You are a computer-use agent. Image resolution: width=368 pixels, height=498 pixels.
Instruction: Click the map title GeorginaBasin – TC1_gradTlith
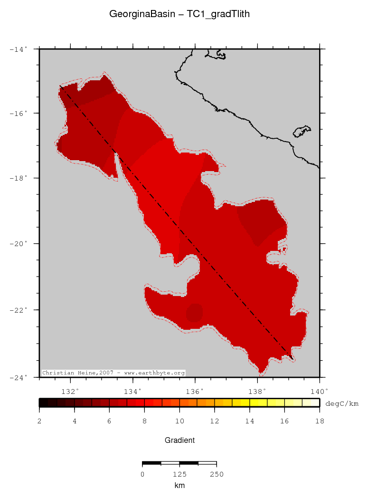tap(179, 14)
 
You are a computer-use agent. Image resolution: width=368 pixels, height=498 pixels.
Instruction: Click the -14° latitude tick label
tap(20, 48)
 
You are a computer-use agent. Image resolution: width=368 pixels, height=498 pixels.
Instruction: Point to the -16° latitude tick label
tap(20, 114)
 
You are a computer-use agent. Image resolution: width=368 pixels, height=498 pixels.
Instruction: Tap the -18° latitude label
tap(20, 178)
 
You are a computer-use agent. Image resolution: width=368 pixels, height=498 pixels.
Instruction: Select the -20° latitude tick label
tap(20, 244)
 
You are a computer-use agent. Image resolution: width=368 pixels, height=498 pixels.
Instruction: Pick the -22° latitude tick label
tap(20, 310)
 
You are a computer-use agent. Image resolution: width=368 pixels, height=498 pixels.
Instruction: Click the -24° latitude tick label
tap(20, 377)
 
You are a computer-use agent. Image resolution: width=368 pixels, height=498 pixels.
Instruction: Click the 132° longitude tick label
tap(70, 392)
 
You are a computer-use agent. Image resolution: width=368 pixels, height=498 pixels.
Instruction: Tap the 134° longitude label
tap(132, 392)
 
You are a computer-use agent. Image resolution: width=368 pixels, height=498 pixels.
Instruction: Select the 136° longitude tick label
tap(195, 392)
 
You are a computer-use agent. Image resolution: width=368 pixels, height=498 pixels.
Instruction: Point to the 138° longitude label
tap(257, 392)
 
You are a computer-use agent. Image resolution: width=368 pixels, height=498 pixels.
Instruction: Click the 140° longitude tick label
tap(320, 392)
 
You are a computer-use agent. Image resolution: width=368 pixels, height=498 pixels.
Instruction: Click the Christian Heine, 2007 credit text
tap(113, 373)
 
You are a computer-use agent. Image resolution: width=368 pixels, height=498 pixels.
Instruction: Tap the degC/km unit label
tap(341, 403)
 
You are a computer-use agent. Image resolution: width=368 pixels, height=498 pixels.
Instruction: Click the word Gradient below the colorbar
tap(179, 440)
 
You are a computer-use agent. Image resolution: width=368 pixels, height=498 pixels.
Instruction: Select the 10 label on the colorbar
tap(179, 421)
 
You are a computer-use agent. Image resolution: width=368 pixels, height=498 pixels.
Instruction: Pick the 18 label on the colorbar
tap(320, 421)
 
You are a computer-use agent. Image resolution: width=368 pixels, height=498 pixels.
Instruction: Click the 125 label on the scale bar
tap(179, 474)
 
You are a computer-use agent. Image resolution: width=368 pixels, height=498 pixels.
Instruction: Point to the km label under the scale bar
tap(179, 486)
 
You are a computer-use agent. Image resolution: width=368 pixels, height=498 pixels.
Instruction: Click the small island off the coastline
tap(302, 131)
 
